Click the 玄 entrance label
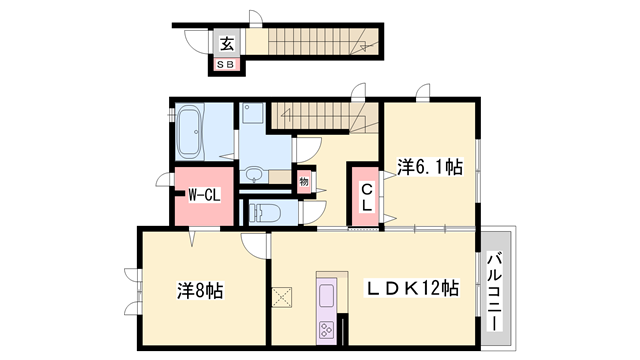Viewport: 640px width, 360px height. pyautogui.click(x=227, y=43)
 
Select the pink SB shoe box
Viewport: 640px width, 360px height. pyautogui.click(x=227, y=65)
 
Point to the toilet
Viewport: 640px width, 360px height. pyautogui.click(x=262, y=211)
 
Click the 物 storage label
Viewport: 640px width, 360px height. pyautogui.click(x=303, y=182)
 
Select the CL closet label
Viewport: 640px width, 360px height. pyautogui.click(x=366, y=197)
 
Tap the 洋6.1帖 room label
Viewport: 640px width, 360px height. pyautogui.click(x=429, y=167)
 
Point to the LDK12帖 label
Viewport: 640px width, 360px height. pyautogui.click(x=411, y=289)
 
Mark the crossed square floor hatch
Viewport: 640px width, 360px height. pyautogui.click(x=281, y=297)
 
